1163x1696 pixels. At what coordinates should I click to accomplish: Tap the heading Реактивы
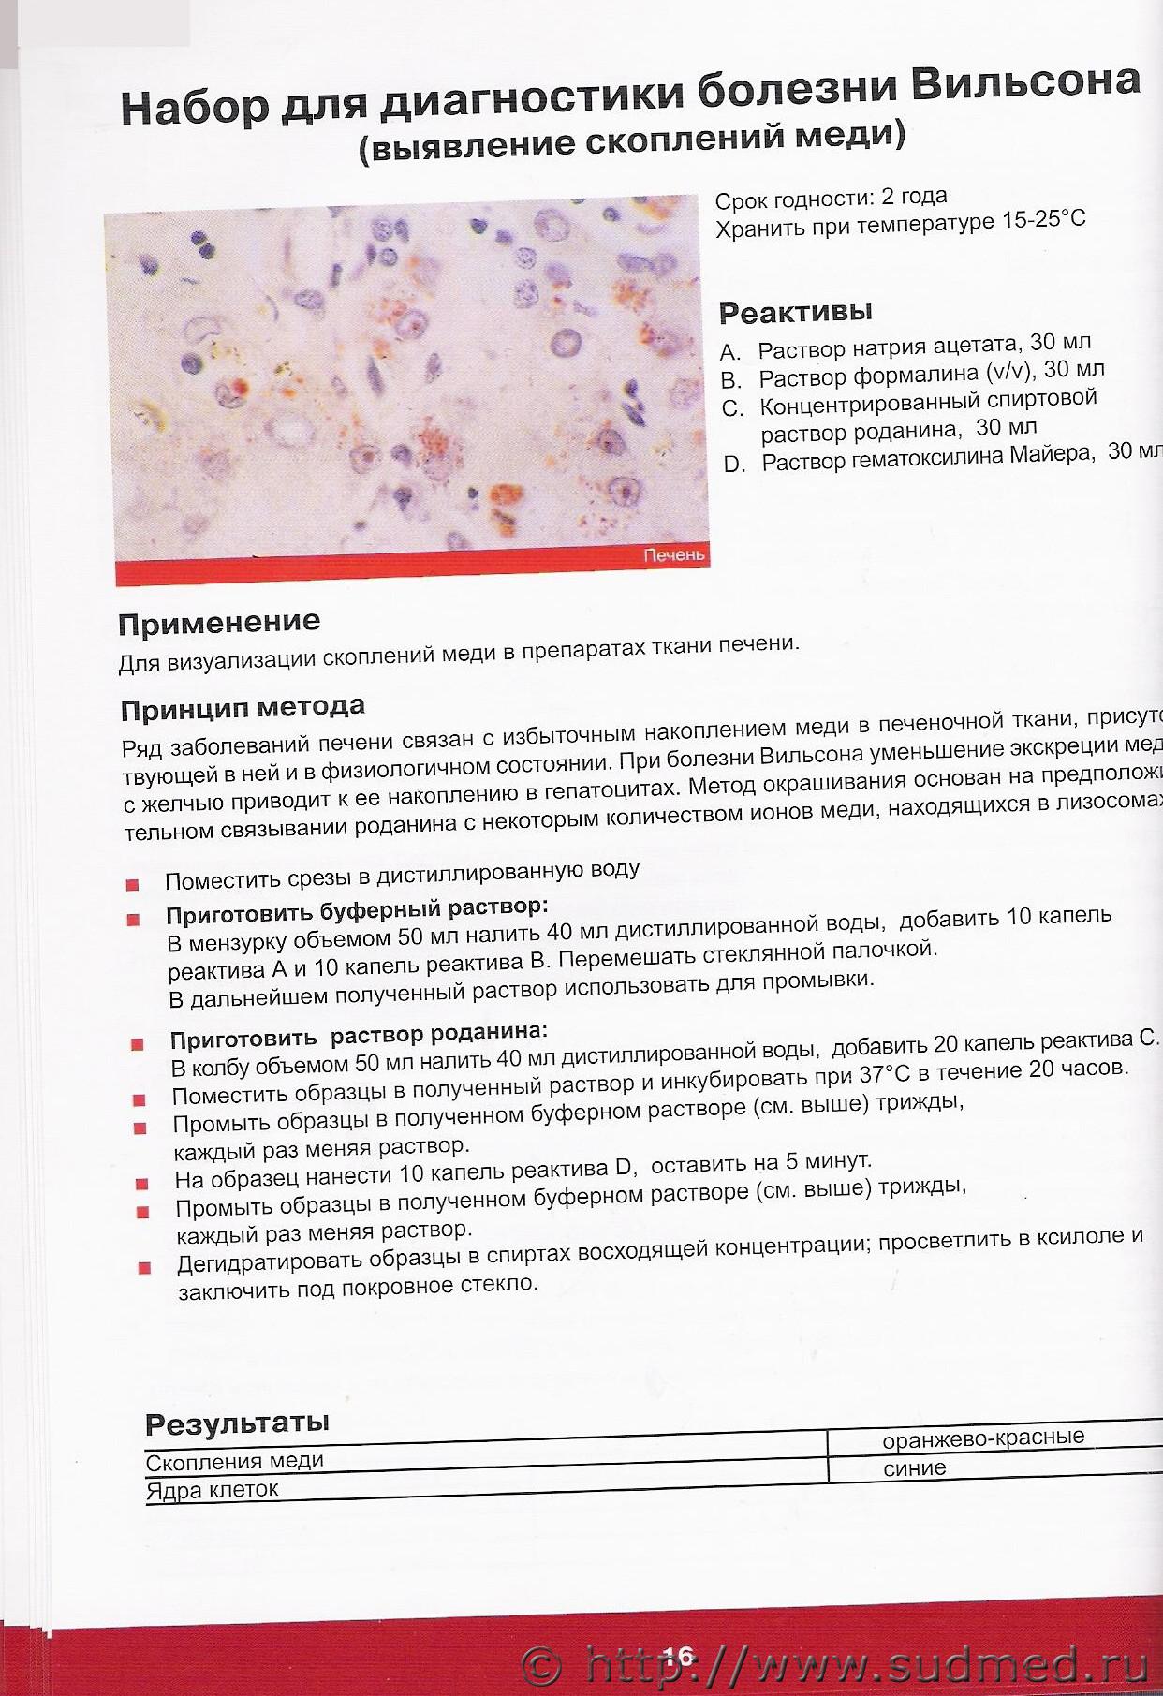click(x=795, y=311)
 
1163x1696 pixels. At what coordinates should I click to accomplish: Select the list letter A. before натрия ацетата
click(x=730, y=353)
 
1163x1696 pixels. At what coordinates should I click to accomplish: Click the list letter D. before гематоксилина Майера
click(x=734, y=465)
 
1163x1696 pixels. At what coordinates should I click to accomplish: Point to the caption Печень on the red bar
click(x=673, y=555)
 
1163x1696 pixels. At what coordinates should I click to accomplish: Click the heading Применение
click(x=219, y=623)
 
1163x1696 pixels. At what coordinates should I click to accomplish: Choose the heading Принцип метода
click(x=243, y=708)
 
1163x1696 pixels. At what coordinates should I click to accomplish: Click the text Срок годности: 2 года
click(x=831, y=199)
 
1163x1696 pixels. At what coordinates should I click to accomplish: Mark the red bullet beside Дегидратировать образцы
click(x=144, y=1269)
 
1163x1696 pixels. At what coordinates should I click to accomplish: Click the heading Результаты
click(x=237, y=1424)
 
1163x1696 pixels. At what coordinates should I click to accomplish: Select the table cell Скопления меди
click(x=234, y=1461)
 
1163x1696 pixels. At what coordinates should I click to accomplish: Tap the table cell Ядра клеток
click(x=213, y=1490)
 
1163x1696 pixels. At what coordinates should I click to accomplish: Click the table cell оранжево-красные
click(x=983, y=1438)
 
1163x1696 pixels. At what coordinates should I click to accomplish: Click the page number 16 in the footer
click(x=677, y=1657)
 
